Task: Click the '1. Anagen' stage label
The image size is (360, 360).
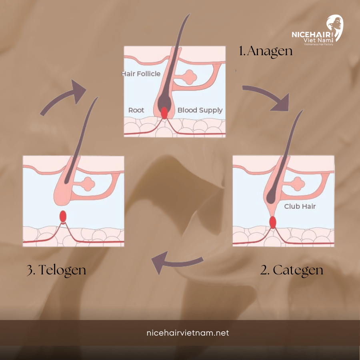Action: [266, 51]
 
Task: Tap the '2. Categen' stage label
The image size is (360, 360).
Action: [292, 270]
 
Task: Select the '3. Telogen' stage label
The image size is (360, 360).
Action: [56, 270]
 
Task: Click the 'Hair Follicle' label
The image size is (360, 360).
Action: [141, 74]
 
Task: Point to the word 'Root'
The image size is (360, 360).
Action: [136, 110]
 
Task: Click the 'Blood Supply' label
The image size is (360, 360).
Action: [200, 110]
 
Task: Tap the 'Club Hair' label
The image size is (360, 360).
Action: [300, 206]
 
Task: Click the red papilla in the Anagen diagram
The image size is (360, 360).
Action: [164, 113]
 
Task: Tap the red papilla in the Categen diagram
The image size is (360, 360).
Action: [273, 222]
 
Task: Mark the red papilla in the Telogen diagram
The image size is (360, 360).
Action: [63, 216]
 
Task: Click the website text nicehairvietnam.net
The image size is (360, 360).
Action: [180, 333]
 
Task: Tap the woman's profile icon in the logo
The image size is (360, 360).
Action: [334, 28]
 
